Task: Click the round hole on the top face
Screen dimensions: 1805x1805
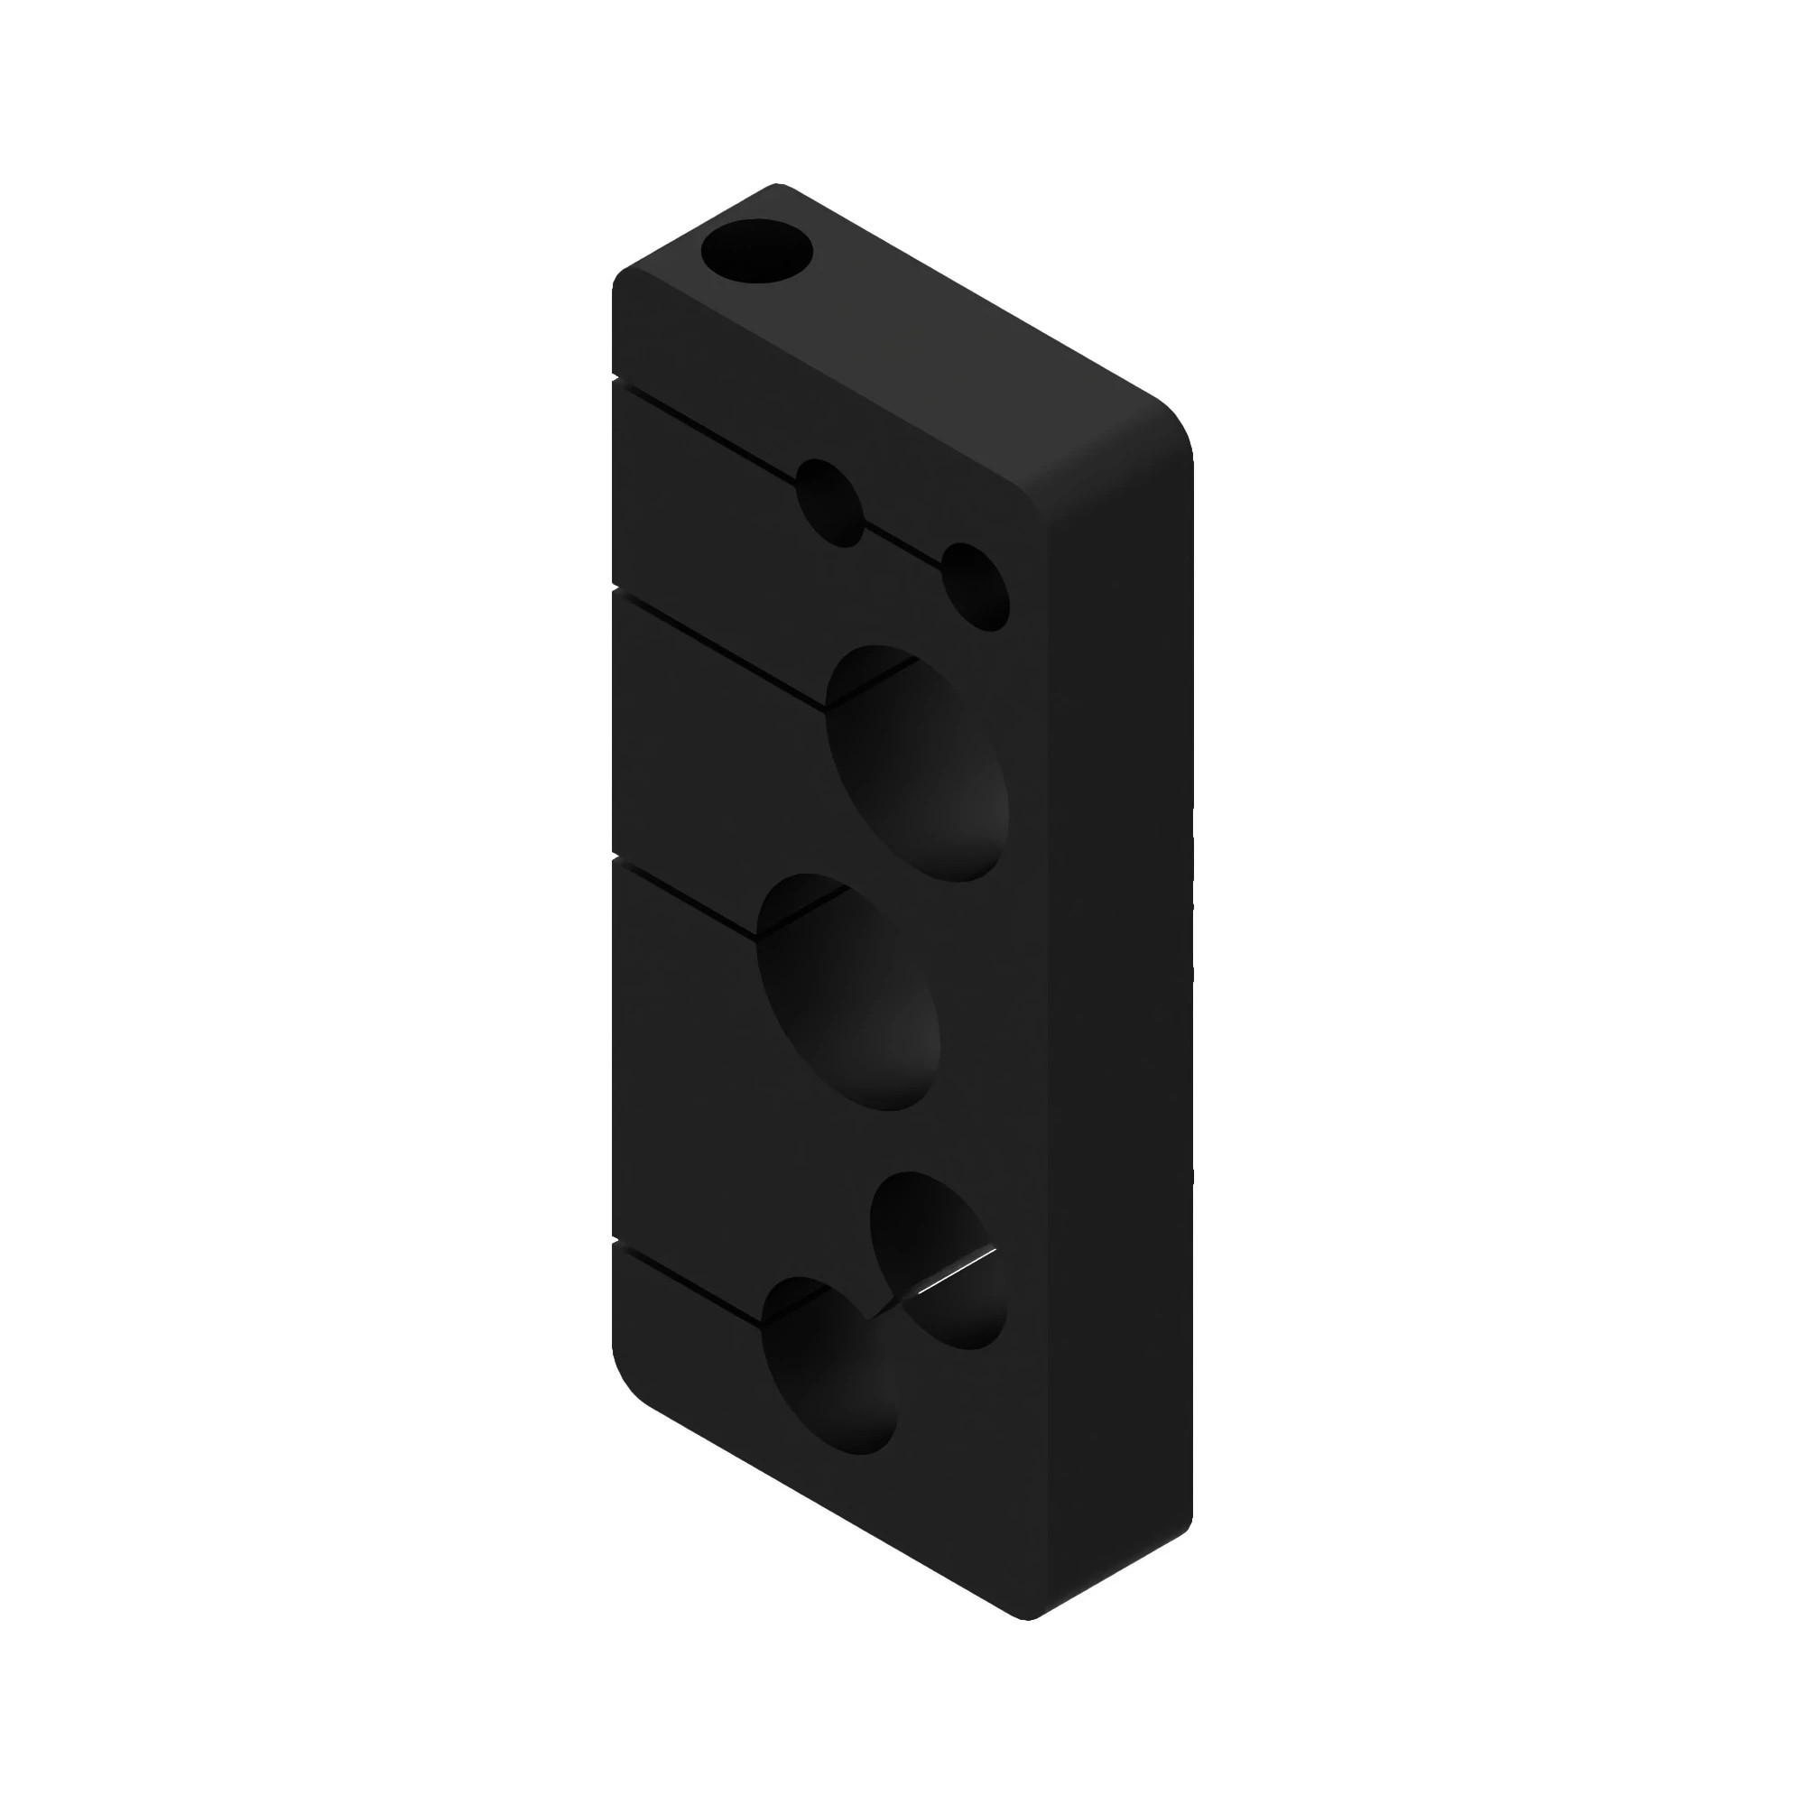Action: tap(757, 251)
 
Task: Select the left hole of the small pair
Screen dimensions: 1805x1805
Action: tap(829, 503)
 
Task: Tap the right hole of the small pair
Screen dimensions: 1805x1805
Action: tap(976, 587)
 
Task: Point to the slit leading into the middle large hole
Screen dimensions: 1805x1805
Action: tap(687, 901)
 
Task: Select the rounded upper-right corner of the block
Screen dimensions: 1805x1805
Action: tap(1163, 421)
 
